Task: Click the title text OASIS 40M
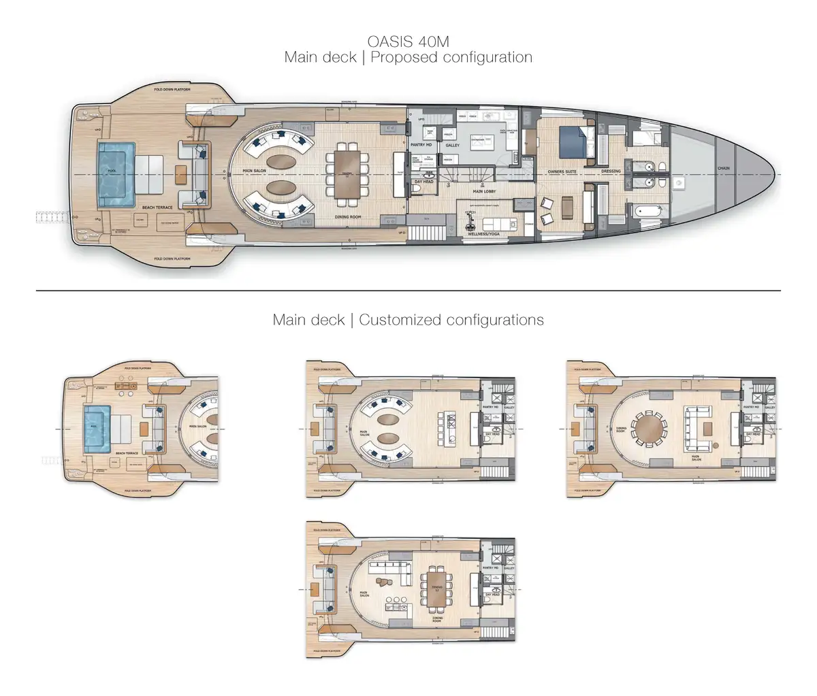tap(408, 41)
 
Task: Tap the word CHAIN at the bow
tap(723, 168)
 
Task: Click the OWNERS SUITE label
tap(562, 171)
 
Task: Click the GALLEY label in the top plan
tap(453, 145)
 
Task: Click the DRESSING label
tap(611, 171)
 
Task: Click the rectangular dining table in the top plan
tap(349, 173)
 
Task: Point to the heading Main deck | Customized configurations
tap(408, 320)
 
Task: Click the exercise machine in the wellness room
tap(469, 218)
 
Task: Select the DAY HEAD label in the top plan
tap(424, 182)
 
